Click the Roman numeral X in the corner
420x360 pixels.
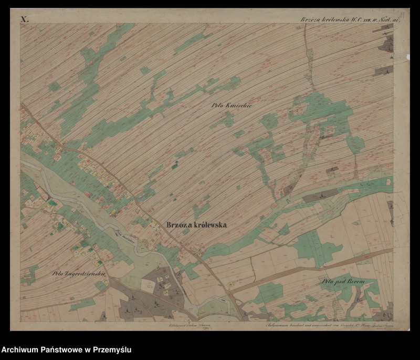pyautogui.click(x=24, y=19)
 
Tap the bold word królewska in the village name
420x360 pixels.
pyautogui.click(x=209, y=224)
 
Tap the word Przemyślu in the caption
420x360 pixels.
pyautogui.click(x=111, y=349)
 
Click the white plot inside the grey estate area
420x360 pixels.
pyautogui.click(x=151, y=285)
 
